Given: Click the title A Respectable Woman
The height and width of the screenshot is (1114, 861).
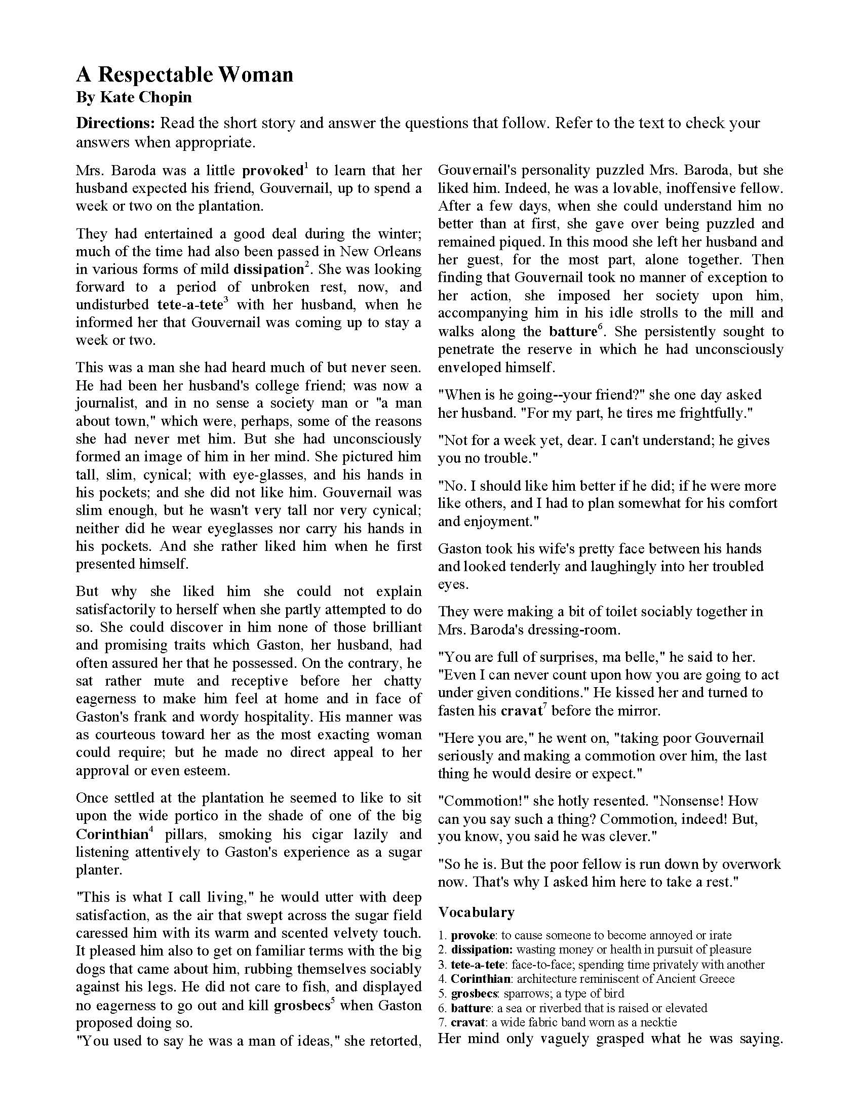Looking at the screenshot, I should [x=185, y=75].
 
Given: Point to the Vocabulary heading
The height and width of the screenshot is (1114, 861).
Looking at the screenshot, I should [x=477, y=912].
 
